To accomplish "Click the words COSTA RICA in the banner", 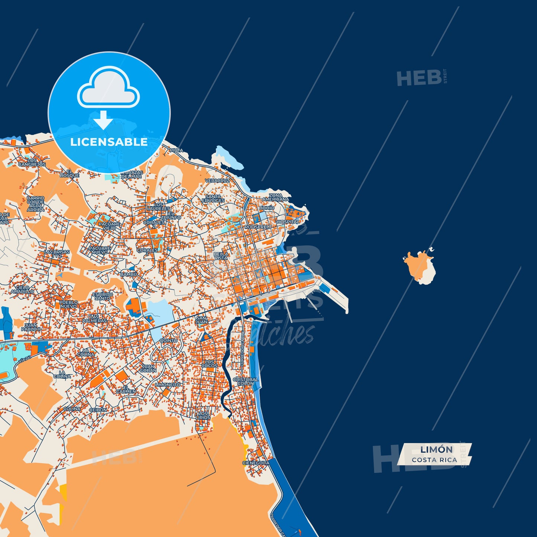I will click(434, 460).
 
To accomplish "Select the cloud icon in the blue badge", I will click(108, 88).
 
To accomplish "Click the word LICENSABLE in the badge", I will click(109, 142).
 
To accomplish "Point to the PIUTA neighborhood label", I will click(176, 151).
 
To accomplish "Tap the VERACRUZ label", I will click(217, 181).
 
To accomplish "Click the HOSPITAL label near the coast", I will click(288, 222).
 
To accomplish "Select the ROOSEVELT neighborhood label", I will click(258, 227).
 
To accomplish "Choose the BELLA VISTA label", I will click(221, 256).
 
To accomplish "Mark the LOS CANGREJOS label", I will click(32, 162).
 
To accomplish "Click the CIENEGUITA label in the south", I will click(256, 463).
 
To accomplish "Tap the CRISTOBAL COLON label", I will click(245, 381).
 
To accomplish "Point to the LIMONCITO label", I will click(168, 385).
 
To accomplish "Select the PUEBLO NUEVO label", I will click(69, 304).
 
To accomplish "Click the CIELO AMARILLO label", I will click(22, 289).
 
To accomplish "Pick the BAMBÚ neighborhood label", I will click(129, 274).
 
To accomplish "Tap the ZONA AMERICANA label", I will click(275, 197).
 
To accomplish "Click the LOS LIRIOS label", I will click(203, 415).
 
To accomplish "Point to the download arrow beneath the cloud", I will click(103, 120).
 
